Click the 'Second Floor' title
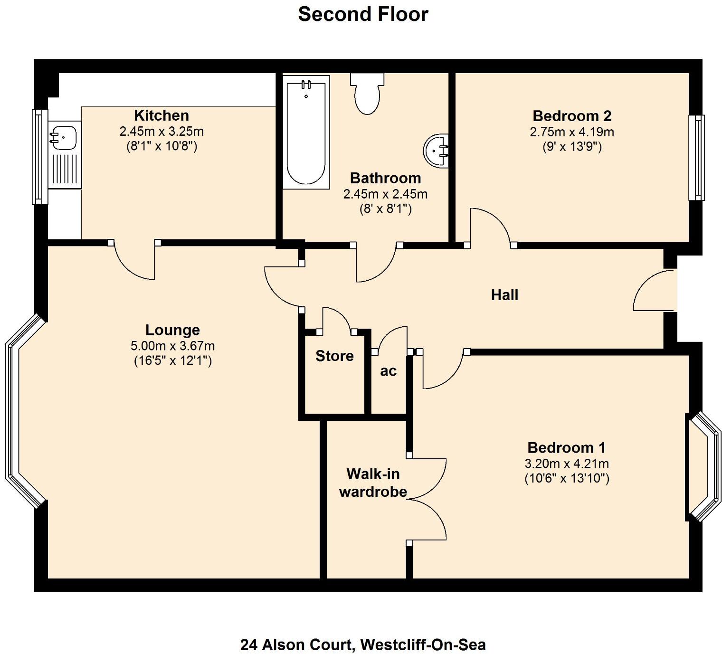363,14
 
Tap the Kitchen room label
161,115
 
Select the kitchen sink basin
63,137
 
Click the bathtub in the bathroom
306,133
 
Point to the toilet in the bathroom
367,95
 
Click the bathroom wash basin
437,151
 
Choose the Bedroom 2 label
572,116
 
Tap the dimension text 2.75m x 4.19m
572,132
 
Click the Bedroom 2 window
697,158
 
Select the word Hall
504,295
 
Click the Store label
334,356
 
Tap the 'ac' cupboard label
388,371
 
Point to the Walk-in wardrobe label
373,483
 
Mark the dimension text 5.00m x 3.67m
172,346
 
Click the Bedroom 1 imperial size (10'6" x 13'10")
567,478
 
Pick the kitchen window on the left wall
39,157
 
